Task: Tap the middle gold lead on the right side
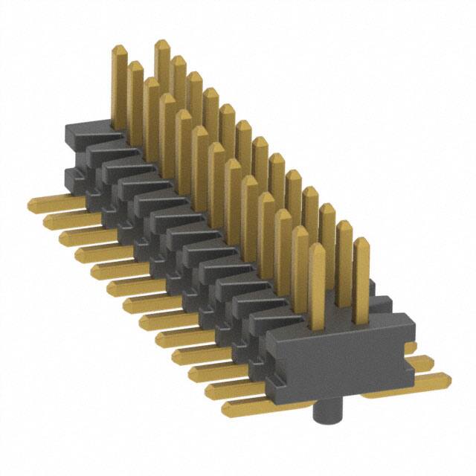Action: click(421, 363)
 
